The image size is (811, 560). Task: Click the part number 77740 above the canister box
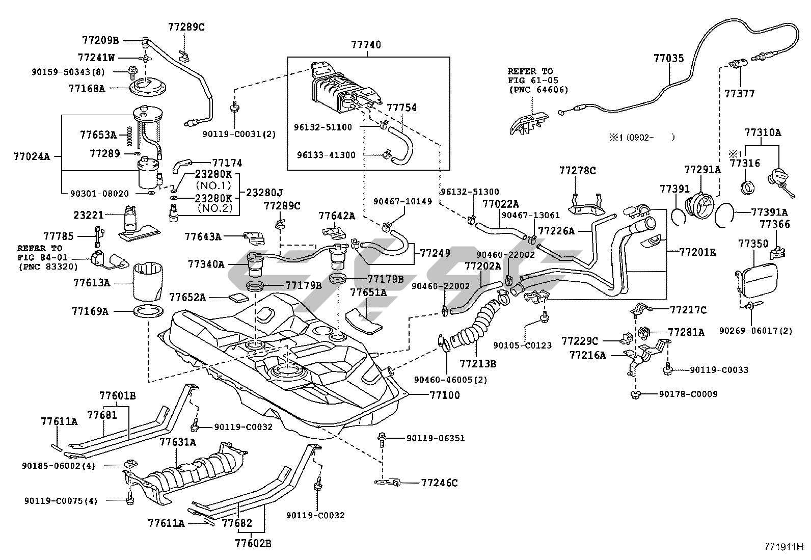(x=365, y=45)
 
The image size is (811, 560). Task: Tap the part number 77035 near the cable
(x=668, y=59)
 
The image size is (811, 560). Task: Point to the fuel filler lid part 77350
(x=758, y=280)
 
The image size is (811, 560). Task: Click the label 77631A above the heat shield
(x=178, y=442)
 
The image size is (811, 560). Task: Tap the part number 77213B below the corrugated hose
(x=478, y=364)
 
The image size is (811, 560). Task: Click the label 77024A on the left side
(x=32, y=156)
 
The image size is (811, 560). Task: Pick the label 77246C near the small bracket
(x=439, y=483)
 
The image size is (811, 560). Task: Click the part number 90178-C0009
(x=688, y=394)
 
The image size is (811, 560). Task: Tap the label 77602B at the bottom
(x=253, y=544)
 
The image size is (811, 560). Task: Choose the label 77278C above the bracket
(x=577, y=171)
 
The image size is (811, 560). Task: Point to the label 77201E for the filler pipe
(x=698, y=252)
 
